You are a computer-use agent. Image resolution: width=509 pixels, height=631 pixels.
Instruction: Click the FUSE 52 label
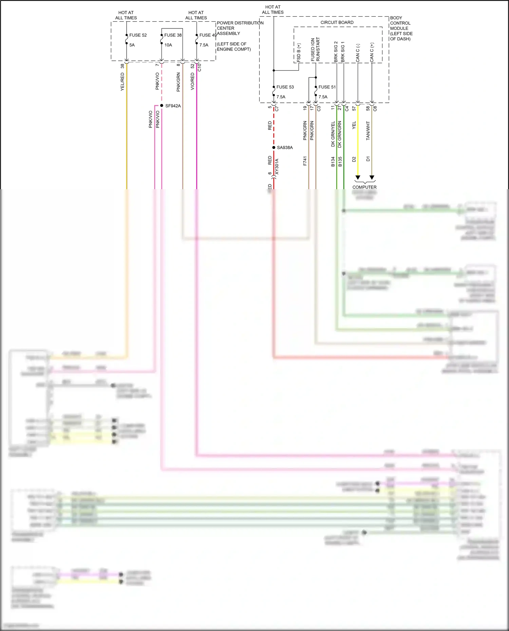coord(138,35)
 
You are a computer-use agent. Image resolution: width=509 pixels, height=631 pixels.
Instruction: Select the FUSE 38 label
coord(173,35)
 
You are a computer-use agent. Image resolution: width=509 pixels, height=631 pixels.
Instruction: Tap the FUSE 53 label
coord(285,87)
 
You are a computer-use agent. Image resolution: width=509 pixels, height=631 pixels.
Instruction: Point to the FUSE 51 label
coord(327,87)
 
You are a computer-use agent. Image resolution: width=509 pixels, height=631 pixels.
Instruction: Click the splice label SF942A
coord(173,106)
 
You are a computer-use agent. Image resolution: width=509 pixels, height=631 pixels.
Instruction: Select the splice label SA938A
coord(284,148)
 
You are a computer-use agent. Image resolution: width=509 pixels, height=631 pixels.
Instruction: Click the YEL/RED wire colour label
coord(122,82)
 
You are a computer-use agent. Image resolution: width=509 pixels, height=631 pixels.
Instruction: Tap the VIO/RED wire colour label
coord(192,81)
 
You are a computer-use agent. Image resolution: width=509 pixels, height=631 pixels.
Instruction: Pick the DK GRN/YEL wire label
coord(333,134)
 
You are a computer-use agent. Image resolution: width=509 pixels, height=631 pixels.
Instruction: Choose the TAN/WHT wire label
coord(368,131)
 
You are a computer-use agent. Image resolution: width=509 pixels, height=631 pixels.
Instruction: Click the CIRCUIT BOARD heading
coord(337,23)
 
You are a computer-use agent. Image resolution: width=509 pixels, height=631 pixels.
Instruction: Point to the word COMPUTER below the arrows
coord(364,187)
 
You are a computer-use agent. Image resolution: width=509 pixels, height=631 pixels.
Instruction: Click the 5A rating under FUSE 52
coord(132,45)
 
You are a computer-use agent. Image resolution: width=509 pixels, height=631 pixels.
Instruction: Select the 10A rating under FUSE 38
coord(168,45)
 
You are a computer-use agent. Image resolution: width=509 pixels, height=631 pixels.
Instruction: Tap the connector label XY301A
coord(277,166)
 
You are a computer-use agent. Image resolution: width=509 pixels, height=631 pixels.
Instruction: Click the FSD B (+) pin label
coord(299,53)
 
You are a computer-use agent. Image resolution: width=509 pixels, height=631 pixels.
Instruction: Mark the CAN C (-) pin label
coord(358,53)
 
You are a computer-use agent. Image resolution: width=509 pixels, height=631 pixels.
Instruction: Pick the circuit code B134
coord(333,161)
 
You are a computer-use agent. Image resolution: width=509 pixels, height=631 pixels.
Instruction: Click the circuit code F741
coord(305,161)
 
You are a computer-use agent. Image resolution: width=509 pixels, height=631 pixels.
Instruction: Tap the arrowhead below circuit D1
coord(372,177)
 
